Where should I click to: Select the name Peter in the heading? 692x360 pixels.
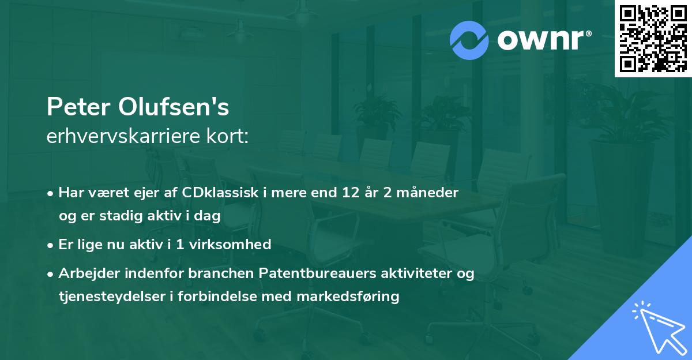[x=79, y=107]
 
